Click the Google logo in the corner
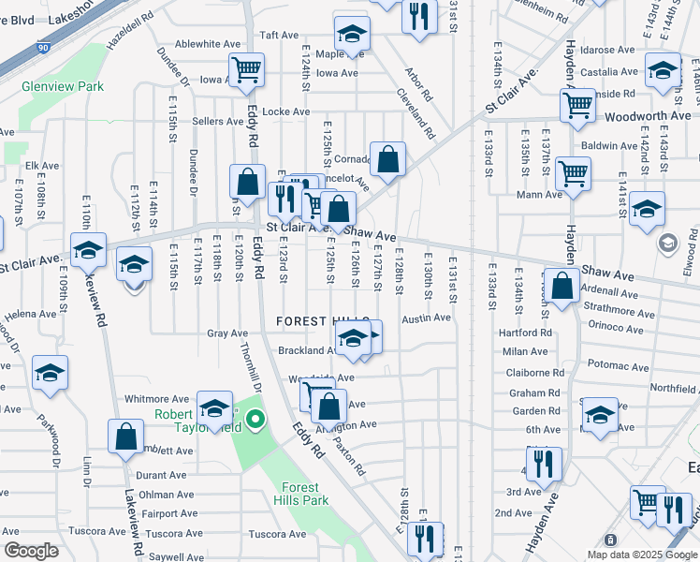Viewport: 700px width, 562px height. tap(31, 551)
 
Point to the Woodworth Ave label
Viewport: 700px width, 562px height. tap(648, 116)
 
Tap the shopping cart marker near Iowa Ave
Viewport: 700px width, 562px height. tap(246, 68)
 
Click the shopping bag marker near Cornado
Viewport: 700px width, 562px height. tap(386, 159)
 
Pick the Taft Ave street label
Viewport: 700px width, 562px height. tap(279, 35)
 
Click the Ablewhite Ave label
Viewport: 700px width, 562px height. tap(208, 44)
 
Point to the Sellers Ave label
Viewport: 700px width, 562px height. tap(218, 122)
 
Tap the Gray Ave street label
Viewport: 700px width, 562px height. tap(227, 333)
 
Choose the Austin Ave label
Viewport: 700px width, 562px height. tap(427, 318)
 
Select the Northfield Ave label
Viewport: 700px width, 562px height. tap(674, 388)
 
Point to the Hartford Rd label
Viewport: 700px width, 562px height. tap(525, 333)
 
